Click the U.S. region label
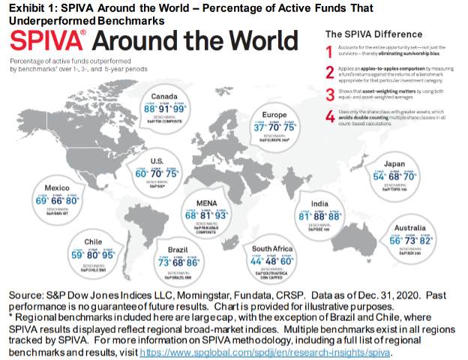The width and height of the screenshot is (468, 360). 157,160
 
